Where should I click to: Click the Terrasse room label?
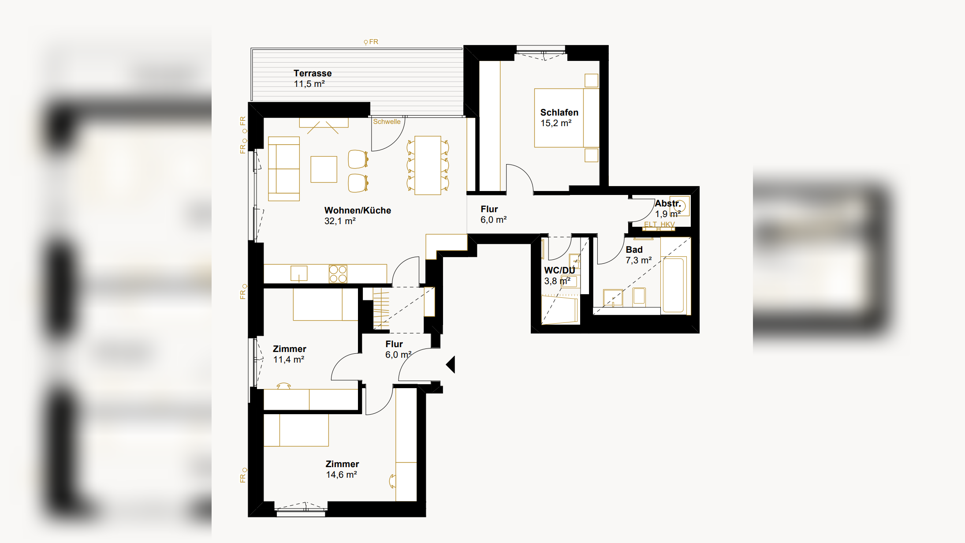313,73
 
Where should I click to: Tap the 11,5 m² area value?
309,84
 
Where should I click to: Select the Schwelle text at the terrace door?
387,122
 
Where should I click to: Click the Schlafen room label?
559,112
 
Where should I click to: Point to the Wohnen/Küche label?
358,211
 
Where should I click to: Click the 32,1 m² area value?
340,221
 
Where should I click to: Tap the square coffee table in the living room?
324,169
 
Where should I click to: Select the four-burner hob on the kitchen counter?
338,273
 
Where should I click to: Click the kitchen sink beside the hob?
299,273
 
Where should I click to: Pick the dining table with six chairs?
428,165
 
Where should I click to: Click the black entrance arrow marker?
451,365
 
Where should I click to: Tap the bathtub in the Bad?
673,285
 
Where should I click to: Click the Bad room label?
634,250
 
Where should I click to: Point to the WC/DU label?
559,270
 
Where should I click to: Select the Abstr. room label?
668,203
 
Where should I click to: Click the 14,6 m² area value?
341,475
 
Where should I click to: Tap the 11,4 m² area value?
289,360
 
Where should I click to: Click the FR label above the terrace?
374,42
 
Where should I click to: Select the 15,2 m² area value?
556,123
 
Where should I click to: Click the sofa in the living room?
284,169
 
